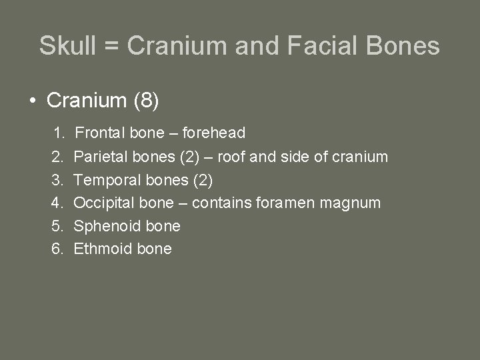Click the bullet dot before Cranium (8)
[32, 101]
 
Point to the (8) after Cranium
[146, 101]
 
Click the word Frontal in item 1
[101, 133]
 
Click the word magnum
[353, 203]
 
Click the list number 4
[58, 203]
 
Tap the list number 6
[58, 249]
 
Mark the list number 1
[59, 133]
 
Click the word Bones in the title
[409, 46]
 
